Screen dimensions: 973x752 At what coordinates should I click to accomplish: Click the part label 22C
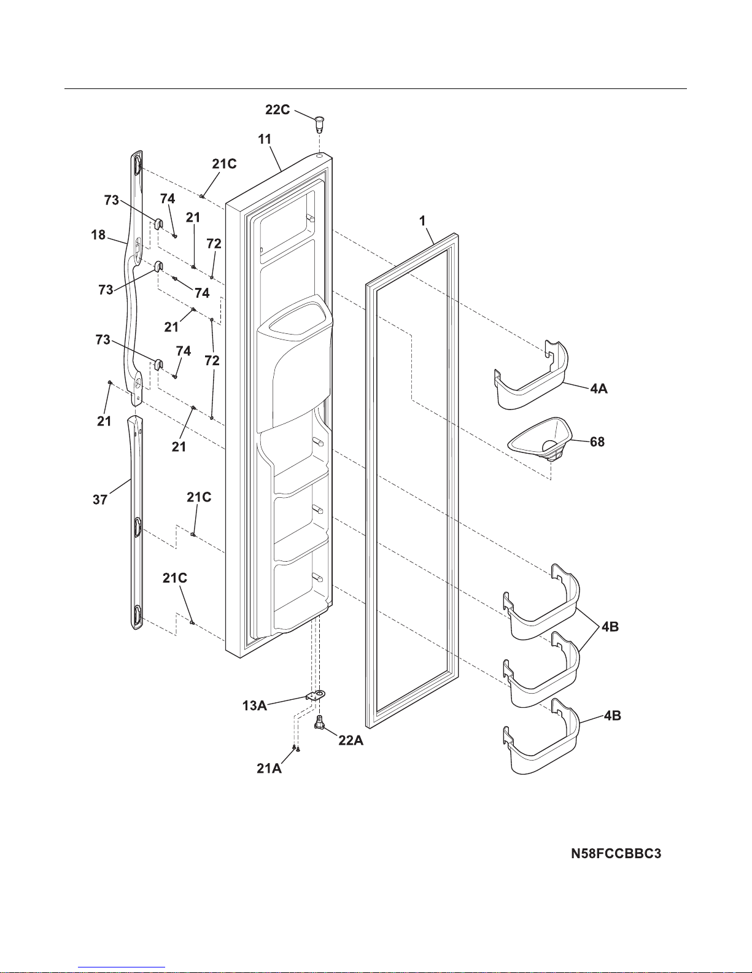(x=277, y=110)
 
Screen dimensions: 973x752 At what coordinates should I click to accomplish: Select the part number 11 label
(x=265, y=139)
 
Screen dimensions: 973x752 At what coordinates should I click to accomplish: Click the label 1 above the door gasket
(x=423, y=222)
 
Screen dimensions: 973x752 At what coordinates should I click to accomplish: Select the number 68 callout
(x=597, y=442)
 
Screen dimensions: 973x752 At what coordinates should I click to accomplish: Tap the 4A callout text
(x=599, y=389)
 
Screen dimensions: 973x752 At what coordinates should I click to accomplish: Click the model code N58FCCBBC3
(x=616, y=853)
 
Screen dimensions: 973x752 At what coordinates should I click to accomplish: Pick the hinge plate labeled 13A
(x=316, y=695)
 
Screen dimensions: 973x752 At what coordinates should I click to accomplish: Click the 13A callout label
(x=254, y=706)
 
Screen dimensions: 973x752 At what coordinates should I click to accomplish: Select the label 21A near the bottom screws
(x=269, y=768)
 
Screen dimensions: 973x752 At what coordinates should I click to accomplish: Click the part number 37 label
(x=100, y=500)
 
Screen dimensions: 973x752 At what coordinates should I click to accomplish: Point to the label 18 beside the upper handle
(x=98, y=235)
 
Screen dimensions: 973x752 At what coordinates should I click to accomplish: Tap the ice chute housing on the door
(x=293, y=362)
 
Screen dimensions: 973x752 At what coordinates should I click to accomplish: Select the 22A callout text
(x=351, y=741)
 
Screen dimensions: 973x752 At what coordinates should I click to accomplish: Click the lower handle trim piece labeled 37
(x=136, y=522)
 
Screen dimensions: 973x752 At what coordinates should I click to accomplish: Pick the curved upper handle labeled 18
(x=134, y=276)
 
